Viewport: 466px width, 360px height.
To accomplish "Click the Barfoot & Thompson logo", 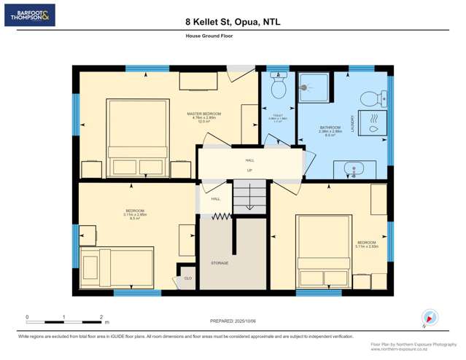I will coord(29,15).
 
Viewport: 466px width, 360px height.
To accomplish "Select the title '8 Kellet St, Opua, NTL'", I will coord(233,23).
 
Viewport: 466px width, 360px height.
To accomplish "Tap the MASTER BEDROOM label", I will coord(203,114).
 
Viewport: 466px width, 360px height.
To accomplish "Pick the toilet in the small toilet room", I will coord(277,88).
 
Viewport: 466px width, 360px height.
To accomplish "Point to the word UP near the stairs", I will coord(249,171).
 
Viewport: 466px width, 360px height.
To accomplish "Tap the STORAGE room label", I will coord(220,263).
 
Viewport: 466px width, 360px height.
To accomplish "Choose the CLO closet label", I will coord(187,278).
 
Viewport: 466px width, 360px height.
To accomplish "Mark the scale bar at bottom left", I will coord(64,321).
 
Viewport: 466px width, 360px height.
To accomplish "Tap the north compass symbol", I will coord(429,318).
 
